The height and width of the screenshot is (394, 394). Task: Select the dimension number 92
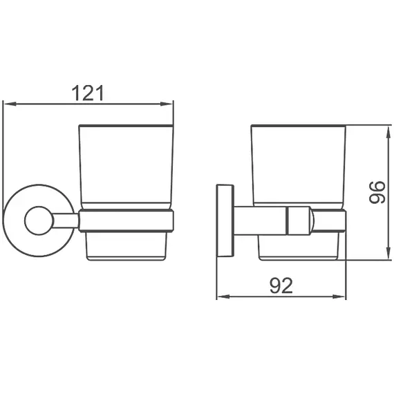click(x=281, y=285)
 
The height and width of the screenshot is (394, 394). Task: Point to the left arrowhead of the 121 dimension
click(x=8, y=104)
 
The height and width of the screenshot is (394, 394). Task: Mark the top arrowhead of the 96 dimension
click(x=384, y=129)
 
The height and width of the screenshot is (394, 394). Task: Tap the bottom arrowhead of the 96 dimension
click(x=384, y=256)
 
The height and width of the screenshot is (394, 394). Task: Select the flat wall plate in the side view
click(x=225, y=221)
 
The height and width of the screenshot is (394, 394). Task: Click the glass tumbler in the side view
click(x=298, y=166)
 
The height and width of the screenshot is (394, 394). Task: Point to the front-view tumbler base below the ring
click(x=126, y=245)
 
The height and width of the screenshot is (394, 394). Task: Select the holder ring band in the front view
click(x=126, y=221)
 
